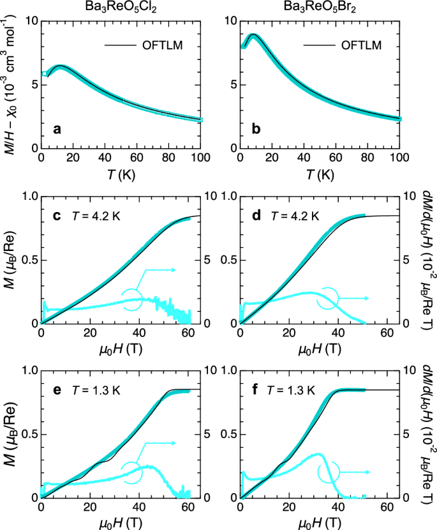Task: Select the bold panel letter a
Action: click(x=57, y=130)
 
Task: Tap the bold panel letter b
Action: click(x=256, y=130)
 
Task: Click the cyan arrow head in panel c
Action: click(x=174, y=271)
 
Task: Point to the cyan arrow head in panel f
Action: click(x=370, y=473)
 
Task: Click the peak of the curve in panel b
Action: click(x=253, y=34)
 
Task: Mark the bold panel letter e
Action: click(x=57, y=386)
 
